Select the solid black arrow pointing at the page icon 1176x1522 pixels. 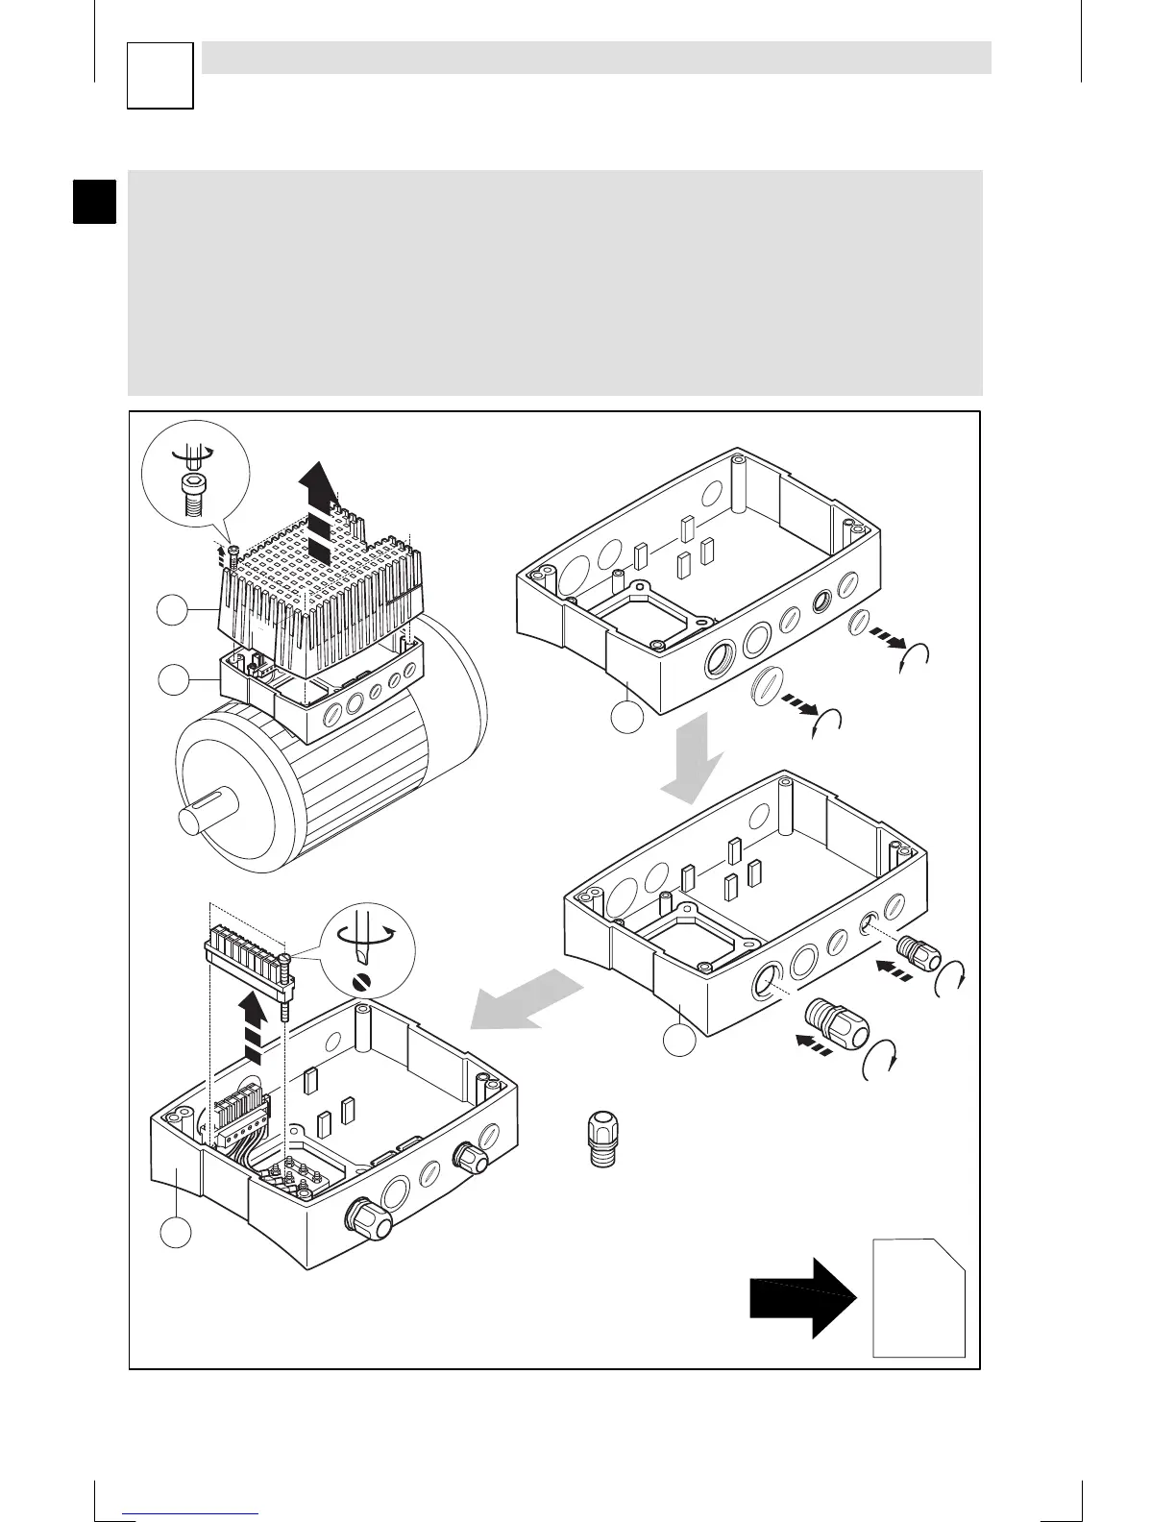803,1297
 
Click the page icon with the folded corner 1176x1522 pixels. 919,1297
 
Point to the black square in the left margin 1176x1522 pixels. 95,200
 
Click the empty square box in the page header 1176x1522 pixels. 160,76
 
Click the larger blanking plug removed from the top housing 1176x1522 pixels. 766,690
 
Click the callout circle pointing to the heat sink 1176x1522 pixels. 172,611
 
